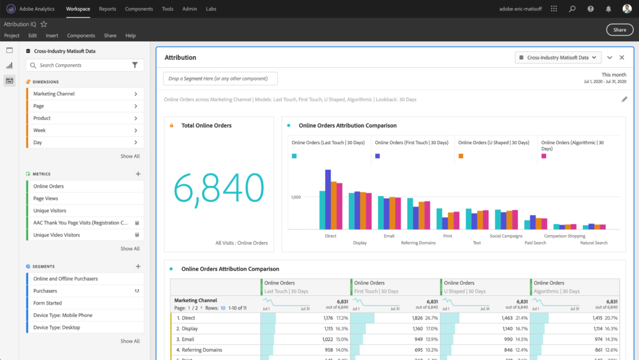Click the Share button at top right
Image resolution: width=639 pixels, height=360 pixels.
(x=619, y=29)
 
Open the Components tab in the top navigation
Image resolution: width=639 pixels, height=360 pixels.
(x=139, y=9)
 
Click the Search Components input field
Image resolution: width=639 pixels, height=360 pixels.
(x=81, y=65)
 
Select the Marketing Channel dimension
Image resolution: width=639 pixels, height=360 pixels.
(x=54, y=94)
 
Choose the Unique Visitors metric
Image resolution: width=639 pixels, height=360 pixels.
(x=49, y=211)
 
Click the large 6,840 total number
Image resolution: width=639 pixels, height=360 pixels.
(x=219, y=187)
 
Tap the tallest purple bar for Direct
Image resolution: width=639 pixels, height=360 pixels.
(x=328, y=199)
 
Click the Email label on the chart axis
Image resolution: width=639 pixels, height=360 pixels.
(x=389, y=236)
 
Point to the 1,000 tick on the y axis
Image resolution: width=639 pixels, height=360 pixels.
(x=296, y=197)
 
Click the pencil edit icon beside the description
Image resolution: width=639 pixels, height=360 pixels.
(x=624, y=99)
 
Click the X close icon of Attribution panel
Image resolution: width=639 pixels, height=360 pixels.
(x=622, y=57)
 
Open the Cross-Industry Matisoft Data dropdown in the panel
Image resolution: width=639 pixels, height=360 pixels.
(x=558, y=57)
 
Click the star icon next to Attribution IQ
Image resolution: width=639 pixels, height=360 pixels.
(x=44, y=24)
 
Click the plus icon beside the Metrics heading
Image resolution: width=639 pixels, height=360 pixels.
(x=138, y=174)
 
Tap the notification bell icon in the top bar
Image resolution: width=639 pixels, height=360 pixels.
(x=608, y=9)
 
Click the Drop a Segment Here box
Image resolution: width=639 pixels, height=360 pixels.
(x=220, y=79)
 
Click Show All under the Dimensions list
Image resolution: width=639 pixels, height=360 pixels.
(x=130, y=157)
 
